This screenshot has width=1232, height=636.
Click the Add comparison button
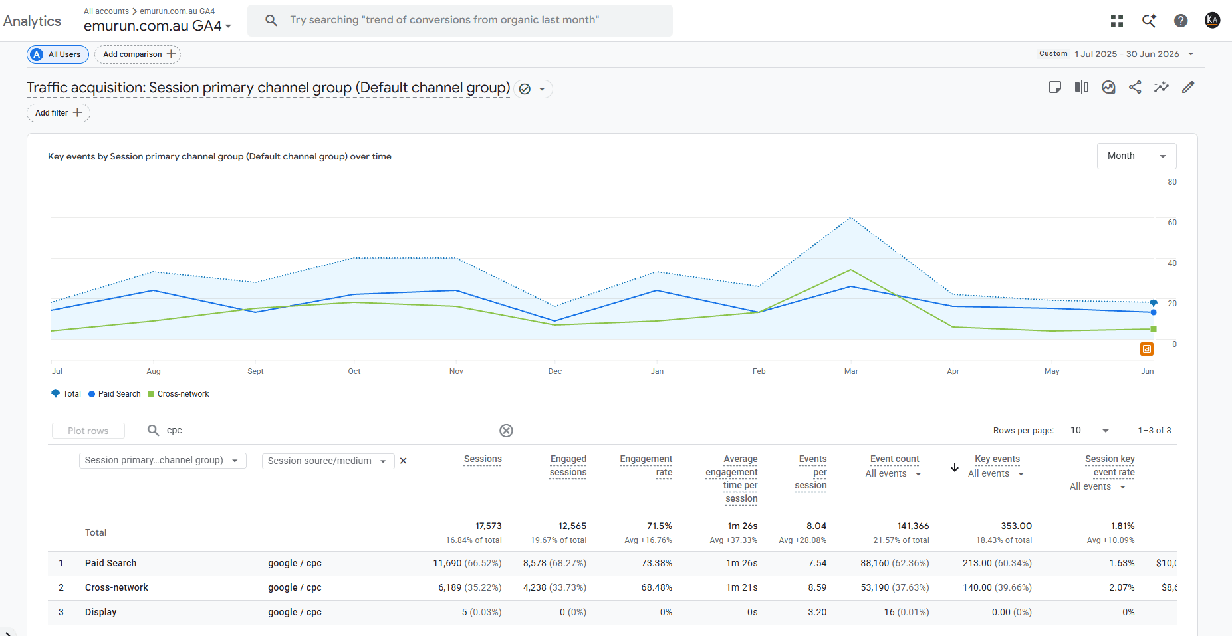pyautogui.click(x=138, y=54)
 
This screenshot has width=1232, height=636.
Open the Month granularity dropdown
pyautogui.click(x=1136, y=156)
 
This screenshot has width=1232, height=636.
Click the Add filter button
pyautogui.click(x=59, y=113)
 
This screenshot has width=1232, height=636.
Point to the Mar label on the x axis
pyautogui.click(x=851, y=371)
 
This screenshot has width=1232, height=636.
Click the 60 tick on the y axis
pyautogui.click(x=1172, y=223)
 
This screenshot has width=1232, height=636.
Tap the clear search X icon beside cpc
pyautogui.click(x=506, y=431)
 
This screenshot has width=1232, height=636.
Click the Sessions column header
pyautogui.click(x=483, y=459)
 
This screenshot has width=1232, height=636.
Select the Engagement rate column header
pyautogui.click(x=646, y=466)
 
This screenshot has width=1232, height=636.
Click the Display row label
pyautogui.click(x=100, y=612)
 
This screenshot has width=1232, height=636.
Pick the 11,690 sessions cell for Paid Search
pyautogui.click(x=467, y=563)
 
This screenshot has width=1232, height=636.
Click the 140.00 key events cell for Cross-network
pyautogui.click(x=997, y=587)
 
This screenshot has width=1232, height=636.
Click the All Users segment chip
pyautogui.click(x=58, y=54)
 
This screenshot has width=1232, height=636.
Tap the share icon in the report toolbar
pyautogui.click(x=1135, y=87)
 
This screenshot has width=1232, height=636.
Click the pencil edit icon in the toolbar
pyautogui.click(x=1188, y=87)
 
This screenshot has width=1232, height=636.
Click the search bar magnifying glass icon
pyautogui.click(x=271, y=20)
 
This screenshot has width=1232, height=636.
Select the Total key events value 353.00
pyautogui.click(x=1016, y=526)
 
